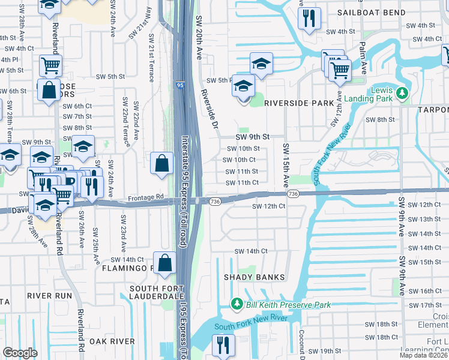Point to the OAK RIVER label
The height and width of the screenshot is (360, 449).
point(112,341)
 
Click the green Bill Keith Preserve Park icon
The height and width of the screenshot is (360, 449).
point(238,305)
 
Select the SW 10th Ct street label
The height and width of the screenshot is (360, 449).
point(239,160)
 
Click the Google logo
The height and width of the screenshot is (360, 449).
point(20,353)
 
